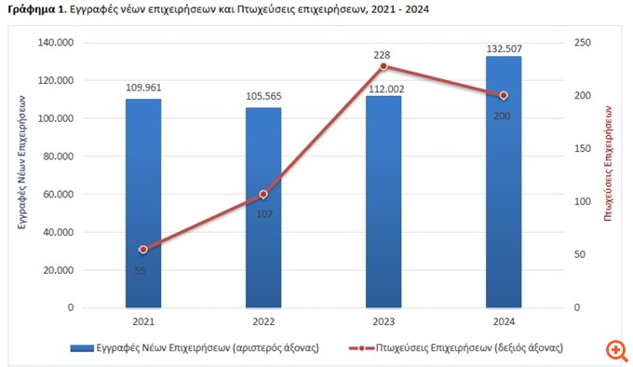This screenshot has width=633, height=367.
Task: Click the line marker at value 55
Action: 143,250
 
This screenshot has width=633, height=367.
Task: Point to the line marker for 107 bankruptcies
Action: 263,194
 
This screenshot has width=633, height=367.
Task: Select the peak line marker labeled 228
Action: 384,66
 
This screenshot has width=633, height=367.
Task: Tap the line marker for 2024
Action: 504,95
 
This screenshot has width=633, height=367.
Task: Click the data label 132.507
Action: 504,48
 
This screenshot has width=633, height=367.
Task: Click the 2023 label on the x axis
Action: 384,321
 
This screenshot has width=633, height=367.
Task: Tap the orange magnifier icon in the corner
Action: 615,350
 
